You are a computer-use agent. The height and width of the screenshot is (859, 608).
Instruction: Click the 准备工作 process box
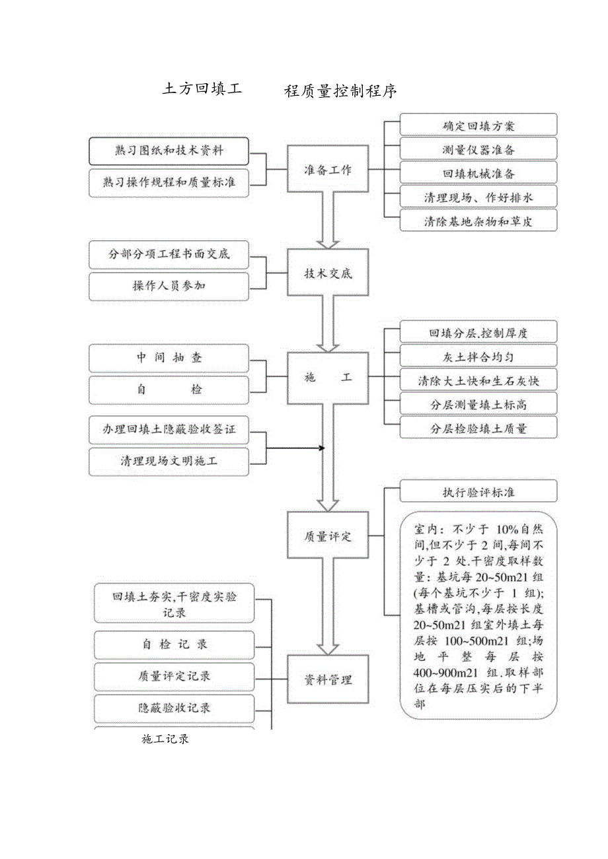328,170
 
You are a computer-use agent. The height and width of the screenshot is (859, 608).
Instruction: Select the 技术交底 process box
328,273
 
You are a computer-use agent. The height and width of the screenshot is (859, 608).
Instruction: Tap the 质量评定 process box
328,536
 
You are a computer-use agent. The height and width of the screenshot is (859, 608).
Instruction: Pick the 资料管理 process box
328,679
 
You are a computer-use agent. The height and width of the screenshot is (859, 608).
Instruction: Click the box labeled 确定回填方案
478,125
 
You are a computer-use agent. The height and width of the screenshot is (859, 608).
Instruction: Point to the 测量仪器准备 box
478,149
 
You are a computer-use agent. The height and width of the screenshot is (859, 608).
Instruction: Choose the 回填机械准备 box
478,173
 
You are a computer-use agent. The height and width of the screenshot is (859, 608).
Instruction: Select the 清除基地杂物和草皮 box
478,221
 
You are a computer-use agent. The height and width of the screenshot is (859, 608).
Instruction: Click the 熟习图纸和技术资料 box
169,151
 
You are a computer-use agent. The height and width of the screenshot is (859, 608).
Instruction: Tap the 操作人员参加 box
169,287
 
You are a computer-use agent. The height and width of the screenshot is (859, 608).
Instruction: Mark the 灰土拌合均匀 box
478,357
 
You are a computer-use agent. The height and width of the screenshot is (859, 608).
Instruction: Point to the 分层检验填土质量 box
478,428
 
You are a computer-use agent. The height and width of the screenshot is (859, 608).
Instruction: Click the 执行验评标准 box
478,492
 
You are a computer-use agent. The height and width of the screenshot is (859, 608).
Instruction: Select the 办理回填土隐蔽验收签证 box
169,429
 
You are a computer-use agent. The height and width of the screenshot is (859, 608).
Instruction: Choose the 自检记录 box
174,644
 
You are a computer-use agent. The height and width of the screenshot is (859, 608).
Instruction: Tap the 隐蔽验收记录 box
174,708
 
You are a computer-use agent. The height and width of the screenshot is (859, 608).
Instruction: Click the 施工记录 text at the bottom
165,739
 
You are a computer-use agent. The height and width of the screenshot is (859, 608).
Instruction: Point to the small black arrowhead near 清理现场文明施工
322,448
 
